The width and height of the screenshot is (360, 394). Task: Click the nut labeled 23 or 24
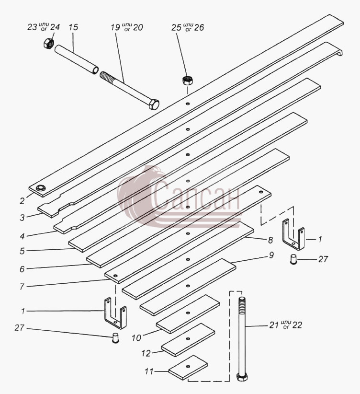coord(48,43)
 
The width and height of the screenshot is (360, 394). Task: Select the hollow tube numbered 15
coord(76,59)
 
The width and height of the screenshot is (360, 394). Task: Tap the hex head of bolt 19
coord(154,104)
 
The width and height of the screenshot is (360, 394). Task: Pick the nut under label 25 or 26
coord(187,81)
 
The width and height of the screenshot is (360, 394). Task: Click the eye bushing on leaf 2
coord(40,188)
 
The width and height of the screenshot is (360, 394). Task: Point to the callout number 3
coord(22,217)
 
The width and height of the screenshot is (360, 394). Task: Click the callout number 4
coord(22,236)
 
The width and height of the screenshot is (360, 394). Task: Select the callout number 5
coord(22,251)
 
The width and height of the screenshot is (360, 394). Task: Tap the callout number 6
coord(22,269)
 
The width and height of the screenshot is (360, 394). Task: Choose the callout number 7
coord(22,287)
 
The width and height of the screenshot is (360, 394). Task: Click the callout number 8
coord(270,240)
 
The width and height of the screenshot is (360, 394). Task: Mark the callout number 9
coord(271,255)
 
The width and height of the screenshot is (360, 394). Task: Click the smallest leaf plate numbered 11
coord(188,367)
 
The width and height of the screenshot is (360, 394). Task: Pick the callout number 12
coord(146,353)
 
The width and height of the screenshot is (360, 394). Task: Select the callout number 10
coord(136,338)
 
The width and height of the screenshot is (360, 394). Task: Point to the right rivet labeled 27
coord(293,259)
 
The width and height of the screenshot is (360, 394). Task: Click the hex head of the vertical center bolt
coord(242,377)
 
